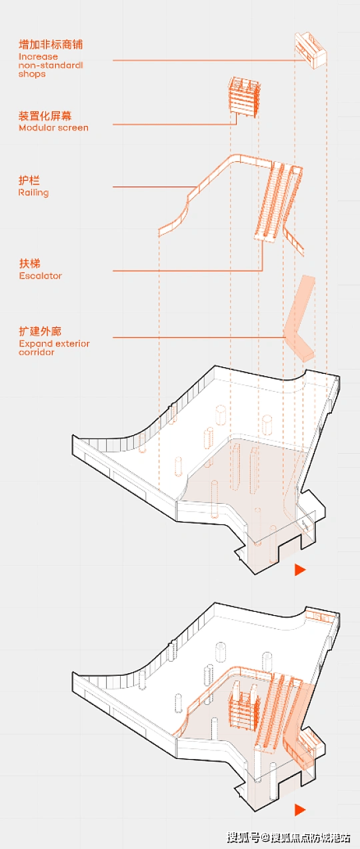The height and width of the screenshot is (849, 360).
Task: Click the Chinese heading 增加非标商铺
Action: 51,45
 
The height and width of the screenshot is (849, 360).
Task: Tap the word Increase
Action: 38,57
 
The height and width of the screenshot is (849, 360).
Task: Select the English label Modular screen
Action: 53,128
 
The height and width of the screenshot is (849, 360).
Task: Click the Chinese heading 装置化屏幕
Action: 45,116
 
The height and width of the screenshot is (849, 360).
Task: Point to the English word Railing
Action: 34,193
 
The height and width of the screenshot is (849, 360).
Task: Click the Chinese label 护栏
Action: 29,181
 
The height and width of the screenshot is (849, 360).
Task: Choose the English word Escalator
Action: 41,275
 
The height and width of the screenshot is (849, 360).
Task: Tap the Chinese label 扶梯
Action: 29,263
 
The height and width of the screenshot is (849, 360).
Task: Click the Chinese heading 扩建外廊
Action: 40,332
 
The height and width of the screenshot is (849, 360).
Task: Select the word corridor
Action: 37,353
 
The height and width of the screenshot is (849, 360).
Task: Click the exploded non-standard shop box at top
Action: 310,50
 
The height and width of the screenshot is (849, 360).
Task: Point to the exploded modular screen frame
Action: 245,97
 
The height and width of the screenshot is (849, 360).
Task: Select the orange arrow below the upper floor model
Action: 300,569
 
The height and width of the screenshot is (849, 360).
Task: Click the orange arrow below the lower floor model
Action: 300,810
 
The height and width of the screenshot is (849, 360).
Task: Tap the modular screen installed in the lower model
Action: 243,704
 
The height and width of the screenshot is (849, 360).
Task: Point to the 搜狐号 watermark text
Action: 243,837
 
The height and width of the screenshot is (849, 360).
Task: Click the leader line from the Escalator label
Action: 188,271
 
